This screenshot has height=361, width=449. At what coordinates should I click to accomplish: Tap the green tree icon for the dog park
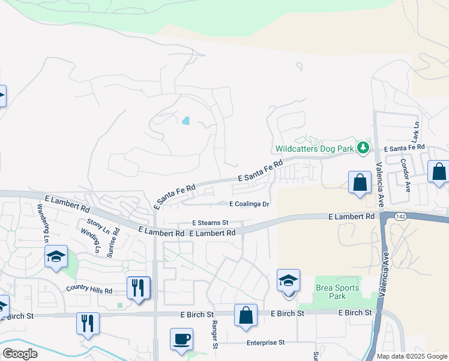pos(363,147)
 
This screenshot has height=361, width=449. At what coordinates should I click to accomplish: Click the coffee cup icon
pos(181,339)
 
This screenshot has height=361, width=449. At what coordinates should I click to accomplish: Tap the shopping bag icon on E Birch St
pos(246,315)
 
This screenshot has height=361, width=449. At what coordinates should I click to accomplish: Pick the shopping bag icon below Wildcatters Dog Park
pos(360,183)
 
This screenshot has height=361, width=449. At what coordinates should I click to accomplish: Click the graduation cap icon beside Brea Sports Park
pos(288,281)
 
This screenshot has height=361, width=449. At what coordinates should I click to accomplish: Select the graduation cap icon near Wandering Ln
pos(56,258)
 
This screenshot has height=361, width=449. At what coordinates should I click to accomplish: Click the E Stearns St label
pos(210,223)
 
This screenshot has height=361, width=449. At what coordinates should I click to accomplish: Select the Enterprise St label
pos(265,343)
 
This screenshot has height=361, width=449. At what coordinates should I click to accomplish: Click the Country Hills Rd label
pos(89,291)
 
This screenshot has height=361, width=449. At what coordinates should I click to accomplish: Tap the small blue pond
pos(185,120)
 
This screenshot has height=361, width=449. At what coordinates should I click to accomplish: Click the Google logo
pos(20,354)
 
